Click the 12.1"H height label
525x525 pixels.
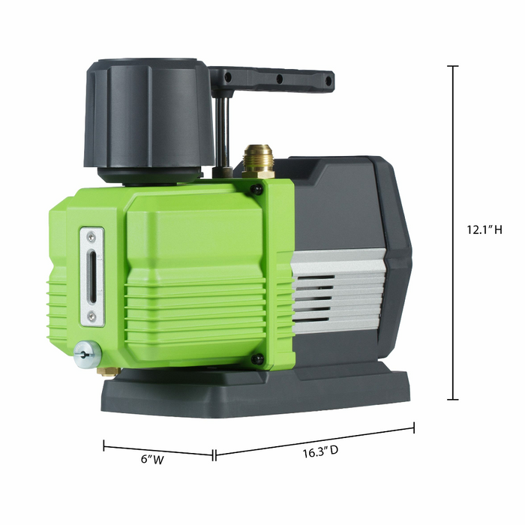pyautogui.click(x=483, y=230)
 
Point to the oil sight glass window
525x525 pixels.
pyautogui.click(x=91, y=277)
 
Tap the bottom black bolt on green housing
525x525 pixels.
pyautogui.click(x=257, y=360)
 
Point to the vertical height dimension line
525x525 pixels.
pyautogui.click(x=453, y=232)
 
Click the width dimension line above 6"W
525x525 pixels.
pyautogui.click(x=158, y=451)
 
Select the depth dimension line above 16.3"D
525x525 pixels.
pyautogui.click(x=315, y=442)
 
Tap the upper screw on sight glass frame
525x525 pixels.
pyautogui.click(x=91, y=237)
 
